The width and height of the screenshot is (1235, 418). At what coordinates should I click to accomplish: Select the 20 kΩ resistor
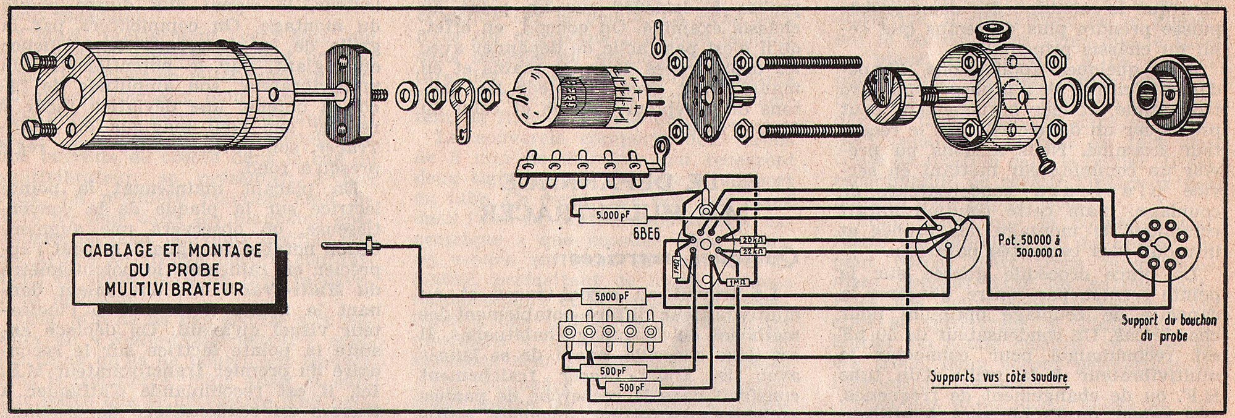pos(753,240)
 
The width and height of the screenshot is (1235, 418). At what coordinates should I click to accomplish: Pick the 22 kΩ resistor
pos(753,251)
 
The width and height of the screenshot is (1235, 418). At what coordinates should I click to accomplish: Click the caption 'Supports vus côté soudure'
pos(998,377)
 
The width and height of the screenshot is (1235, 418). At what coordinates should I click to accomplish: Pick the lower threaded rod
pos(809,130)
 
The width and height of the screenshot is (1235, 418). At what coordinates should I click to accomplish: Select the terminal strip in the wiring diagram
pos(610,331)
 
